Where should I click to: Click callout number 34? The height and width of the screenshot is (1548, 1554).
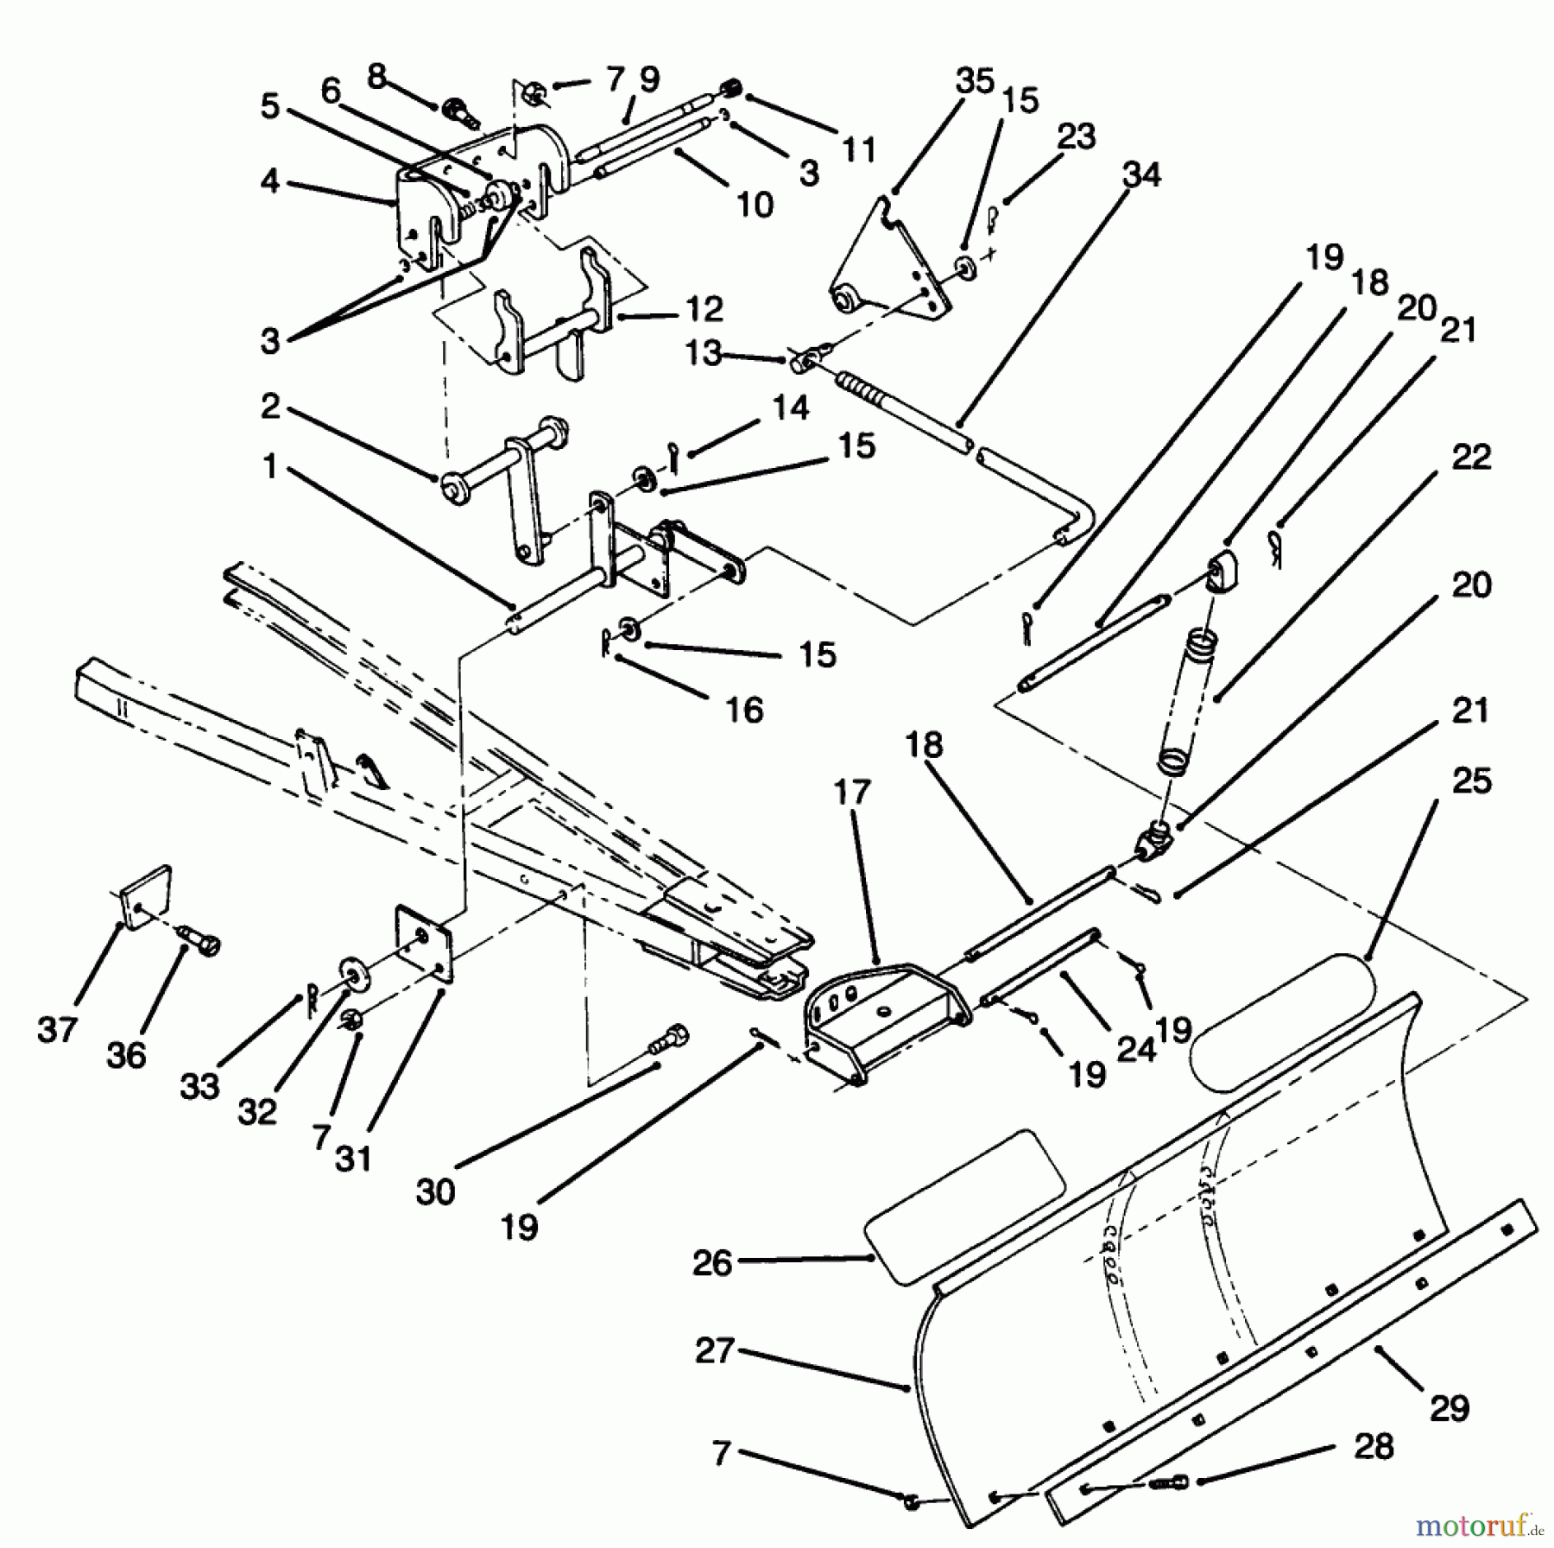(x=1141, y=175)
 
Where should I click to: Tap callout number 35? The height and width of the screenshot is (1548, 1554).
(x=975, y=81)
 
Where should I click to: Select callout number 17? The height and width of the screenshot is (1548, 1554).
(x=852, y=793)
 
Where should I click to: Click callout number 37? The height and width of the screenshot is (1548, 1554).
(x=58, y=1030)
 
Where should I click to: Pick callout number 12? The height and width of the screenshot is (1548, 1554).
(x=704, y=309)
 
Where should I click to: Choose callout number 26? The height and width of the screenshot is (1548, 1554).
(x=712, y=1263)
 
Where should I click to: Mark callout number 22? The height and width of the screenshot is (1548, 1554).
(x=1471, y=457)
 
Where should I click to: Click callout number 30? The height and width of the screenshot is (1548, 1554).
(x=435, y=1192)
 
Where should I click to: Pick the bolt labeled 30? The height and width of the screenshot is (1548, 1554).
(x=671, y=1038)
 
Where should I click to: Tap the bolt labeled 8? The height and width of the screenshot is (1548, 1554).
(x=458, y=112)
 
